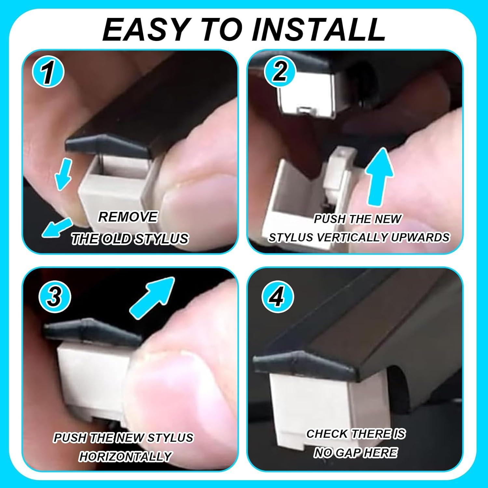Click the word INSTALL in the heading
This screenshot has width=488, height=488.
point(319,30)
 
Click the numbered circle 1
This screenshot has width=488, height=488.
point(48,72)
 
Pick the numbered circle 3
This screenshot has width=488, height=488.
point(54,297)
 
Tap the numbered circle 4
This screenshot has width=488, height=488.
point(278,297)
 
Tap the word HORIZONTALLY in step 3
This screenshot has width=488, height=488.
point(125,456)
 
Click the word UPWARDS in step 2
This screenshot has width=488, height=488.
point(420,237)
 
